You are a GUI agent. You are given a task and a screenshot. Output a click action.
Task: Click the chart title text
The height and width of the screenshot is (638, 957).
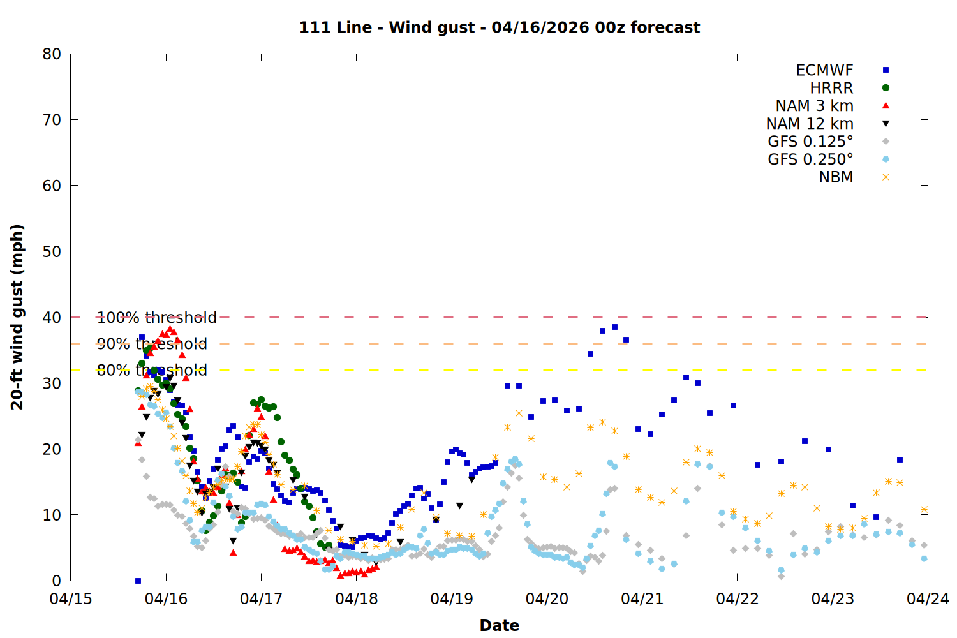click(x=500, y=27)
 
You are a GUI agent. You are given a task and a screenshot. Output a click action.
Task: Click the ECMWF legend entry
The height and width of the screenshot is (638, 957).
click(x=824, y=70)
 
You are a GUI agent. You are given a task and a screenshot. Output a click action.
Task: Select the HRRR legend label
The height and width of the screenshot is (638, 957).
click(x=831, y=88)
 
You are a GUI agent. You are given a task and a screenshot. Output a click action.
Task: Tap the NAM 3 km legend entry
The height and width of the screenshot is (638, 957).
click(x=814, y=106)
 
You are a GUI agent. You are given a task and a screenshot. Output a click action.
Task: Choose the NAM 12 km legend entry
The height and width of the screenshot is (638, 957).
click(x=810, y=124)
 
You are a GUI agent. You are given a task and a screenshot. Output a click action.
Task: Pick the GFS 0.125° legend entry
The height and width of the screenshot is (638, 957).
click(x=810, y=142)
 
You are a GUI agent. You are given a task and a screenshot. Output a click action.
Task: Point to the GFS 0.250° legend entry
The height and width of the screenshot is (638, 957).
click(x=810, y=159)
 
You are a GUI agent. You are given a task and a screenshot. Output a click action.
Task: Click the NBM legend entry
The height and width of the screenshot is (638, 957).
click(x=836, y=177)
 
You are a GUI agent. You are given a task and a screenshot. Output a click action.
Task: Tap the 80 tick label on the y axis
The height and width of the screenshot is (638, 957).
click(x=52, y=54)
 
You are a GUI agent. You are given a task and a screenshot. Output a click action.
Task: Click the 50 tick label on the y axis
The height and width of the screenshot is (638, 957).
click(x=52, y=251)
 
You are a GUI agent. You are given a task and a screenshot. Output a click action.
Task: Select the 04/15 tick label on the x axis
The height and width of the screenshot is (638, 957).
click(x=71, y=599)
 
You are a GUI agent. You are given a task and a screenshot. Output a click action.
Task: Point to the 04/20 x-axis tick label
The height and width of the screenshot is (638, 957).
click(x=547, y=599)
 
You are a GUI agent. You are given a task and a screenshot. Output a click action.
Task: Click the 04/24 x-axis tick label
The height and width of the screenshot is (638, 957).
click(x=928, y=599)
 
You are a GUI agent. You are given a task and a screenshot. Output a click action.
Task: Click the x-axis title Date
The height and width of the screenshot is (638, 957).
click(x=500, y=625)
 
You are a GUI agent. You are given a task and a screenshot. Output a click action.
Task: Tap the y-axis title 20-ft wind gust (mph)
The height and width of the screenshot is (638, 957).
click(x=17, y=317)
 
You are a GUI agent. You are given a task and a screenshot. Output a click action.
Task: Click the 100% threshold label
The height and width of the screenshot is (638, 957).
click(x=156, y=318)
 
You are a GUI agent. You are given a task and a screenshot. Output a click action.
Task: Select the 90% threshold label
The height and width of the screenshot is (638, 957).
click(x=152, y=344)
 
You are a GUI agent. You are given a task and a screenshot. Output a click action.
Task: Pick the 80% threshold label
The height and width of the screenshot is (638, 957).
click(x=152, y=370)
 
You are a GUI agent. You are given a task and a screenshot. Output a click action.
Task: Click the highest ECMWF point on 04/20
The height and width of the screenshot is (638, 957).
click(x=614, y=327)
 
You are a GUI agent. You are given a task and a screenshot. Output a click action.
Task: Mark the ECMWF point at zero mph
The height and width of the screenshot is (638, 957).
click(x=138, y=581)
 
